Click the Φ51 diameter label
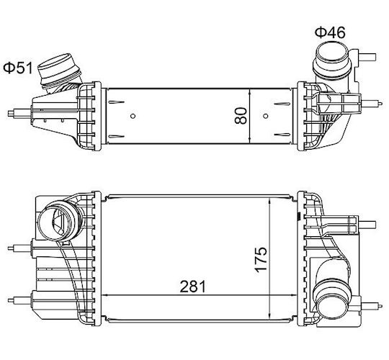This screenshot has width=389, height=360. pyautogui.click(x=18, y=68)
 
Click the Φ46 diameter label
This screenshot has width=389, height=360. pyautogui.click(x=330, y=32)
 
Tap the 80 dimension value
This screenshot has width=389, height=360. pyautogui.click(x=241, y=115)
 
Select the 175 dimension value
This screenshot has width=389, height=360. pyautogui.click(x=261, y=259)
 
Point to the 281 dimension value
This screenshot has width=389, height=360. pyautogui.click(x=193, y=287)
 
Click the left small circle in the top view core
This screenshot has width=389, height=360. pyautogui.click(x=133, y=116)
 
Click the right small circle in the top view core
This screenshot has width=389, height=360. pyautogui.click(x=266, y=116)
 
